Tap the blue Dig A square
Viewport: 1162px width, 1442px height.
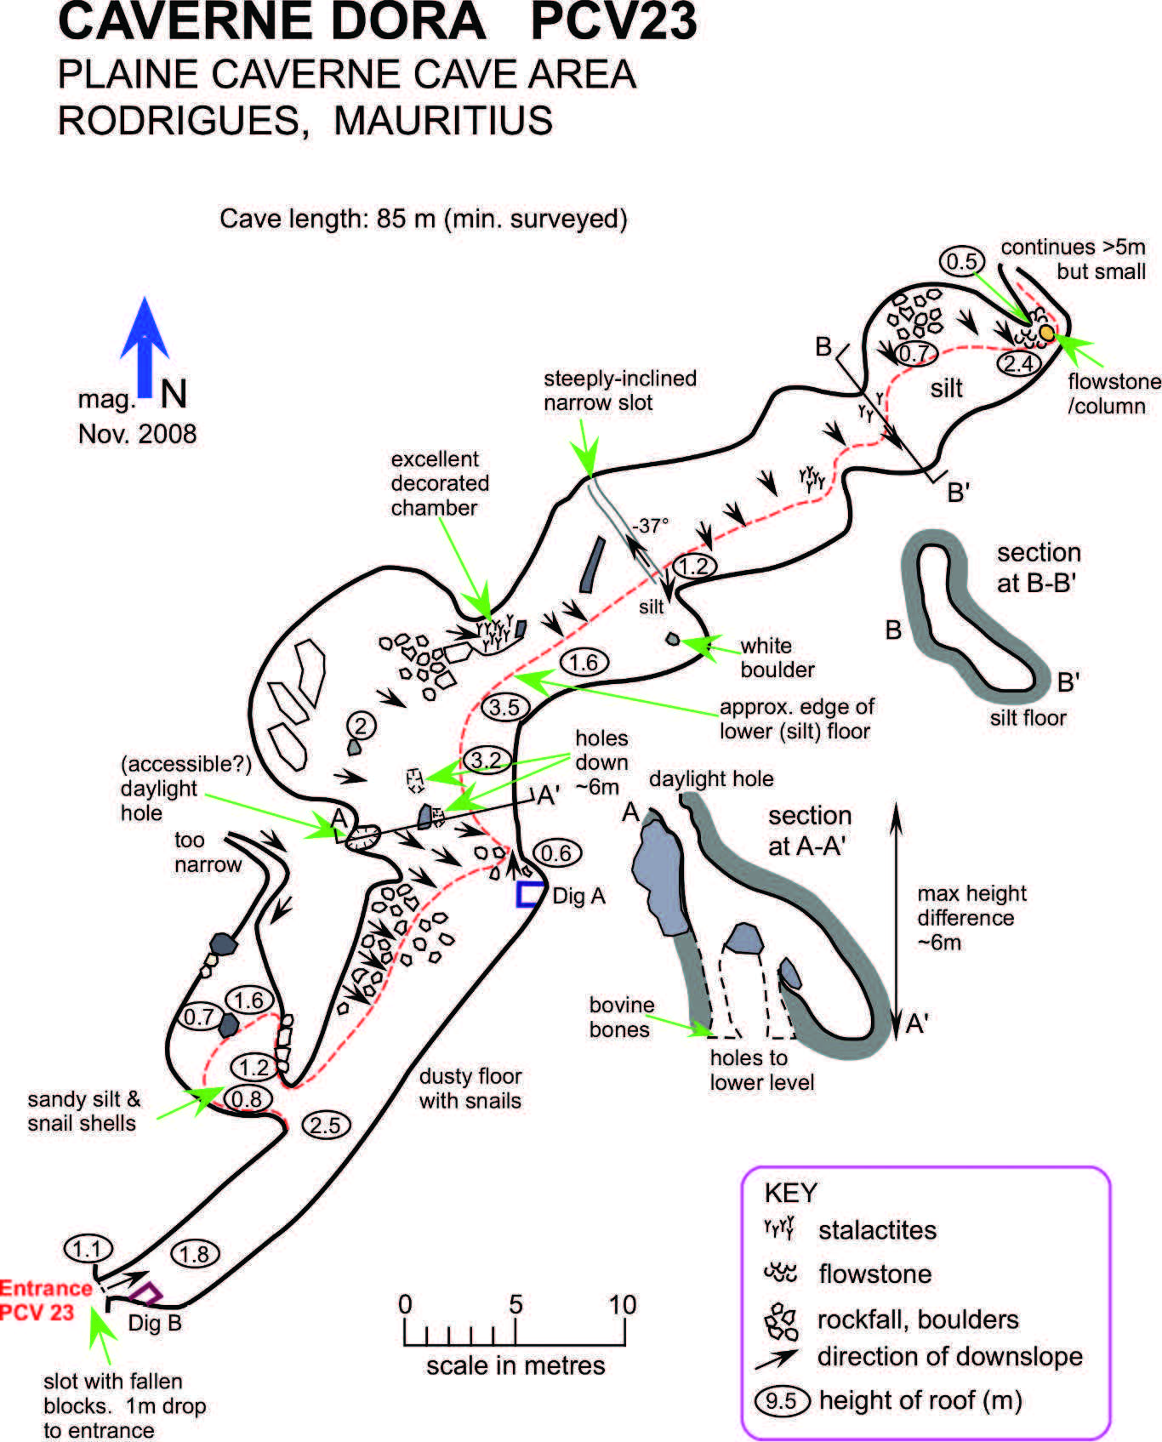pyautogui.click(x=530, y=894)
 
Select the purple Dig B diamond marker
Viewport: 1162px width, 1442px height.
pyautogui.click(x=147, y=1293)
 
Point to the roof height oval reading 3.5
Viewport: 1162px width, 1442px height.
pyautogui.click(x=504, y=707)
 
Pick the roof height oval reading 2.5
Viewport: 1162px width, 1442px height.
pyautogui.click(x=325, y=1126)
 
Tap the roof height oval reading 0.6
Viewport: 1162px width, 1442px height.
pyautogui.click(x=556, y=852)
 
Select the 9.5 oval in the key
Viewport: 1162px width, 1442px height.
pyautogui.click(x=780, y=1400)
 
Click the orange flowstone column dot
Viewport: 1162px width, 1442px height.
pyautogui.click(x=1047, y=332)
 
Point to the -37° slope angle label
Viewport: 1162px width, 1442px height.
pyautogui.click(x=650, y=526)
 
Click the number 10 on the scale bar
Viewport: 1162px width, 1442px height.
pyautogui.click(x=623, y=1304)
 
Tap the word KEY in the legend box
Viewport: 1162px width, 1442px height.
pyautogui.click(x=790, y=1193)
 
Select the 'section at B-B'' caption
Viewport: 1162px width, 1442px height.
pyautogui.click(x=1038, y=567)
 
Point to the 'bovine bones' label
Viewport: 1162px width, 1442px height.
pyautogui.click(x=621, y=1017)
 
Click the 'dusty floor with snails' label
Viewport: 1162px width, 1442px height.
pyautogui.click(x=470, y=1088)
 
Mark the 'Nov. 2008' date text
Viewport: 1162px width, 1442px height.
pyautogui.click(x=137, y=434)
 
